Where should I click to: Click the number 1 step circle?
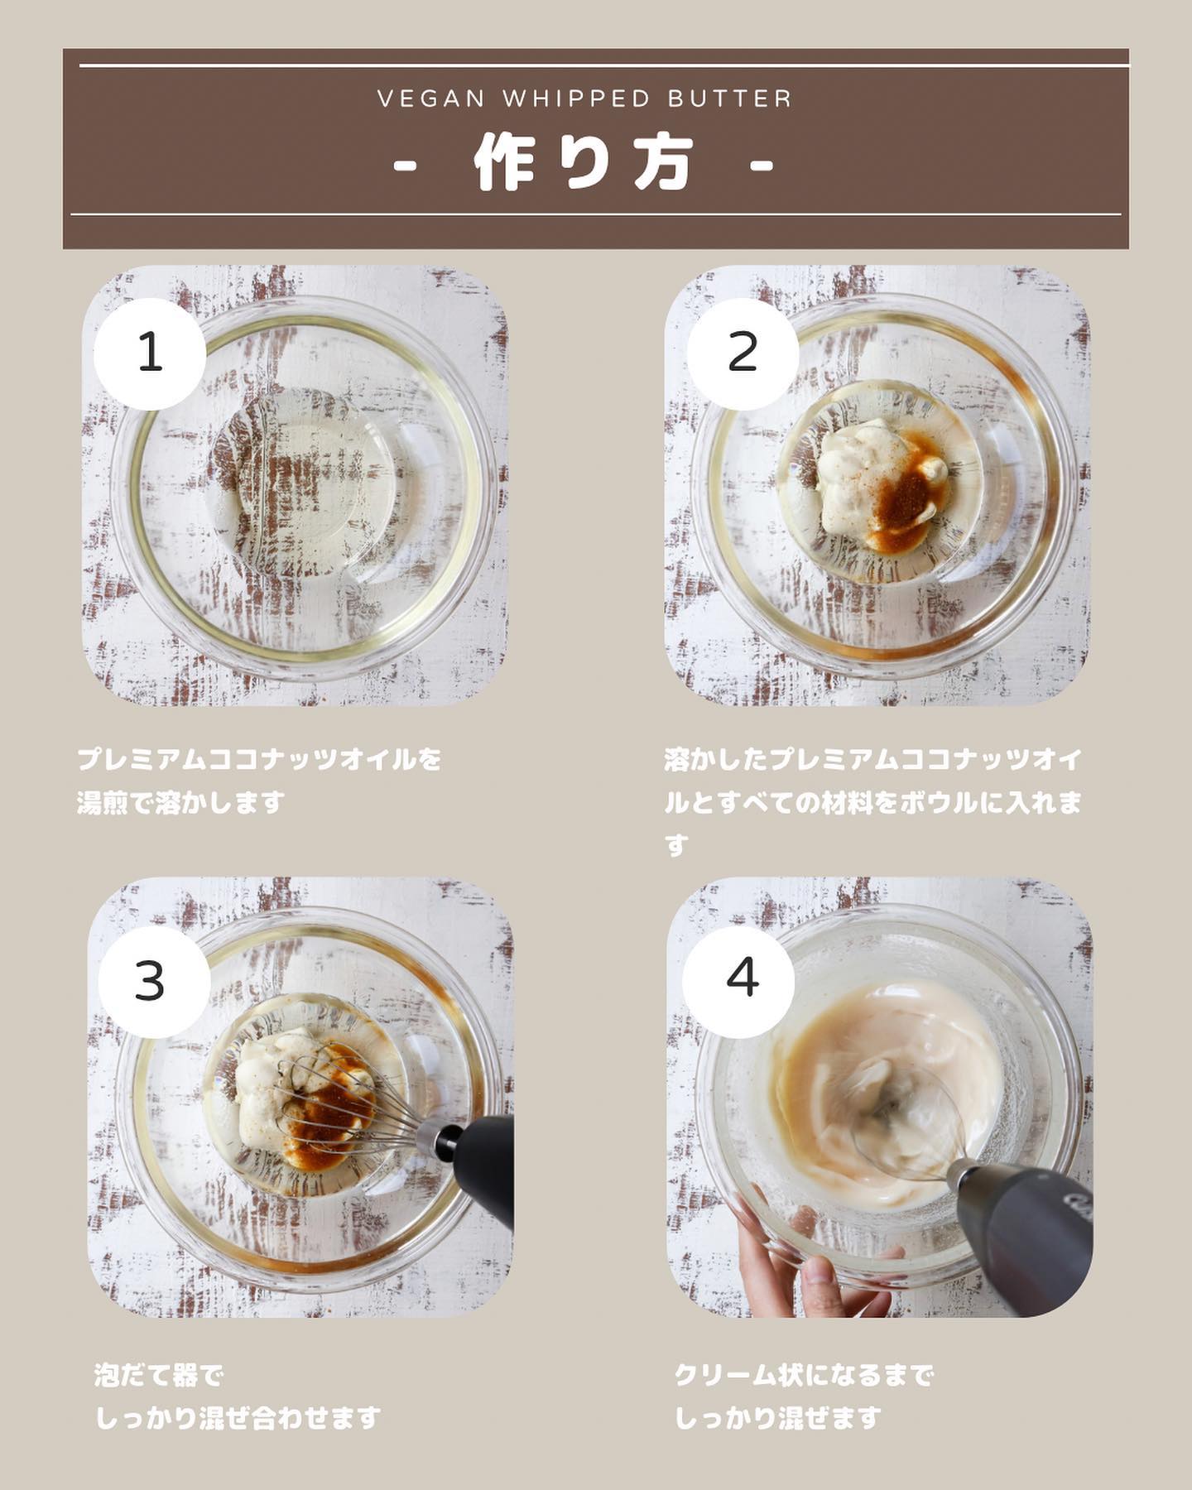[x=150, y=353]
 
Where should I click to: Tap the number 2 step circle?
[x=743, y=353]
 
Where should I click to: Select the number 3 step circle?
[x=155, y=982]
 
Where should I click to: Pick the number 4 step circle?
[x=738, y=982]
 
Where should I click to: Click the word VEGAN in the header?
[x=431, y=99]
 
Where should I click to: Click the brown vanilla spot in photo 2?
[x=905, y=495]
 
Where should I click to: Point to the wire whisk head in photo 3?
[x=331, y=1093]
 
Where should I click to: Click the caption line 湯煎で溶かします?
[x=181, y=802]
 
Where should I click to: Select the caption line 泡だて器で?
[x=159, y=1376]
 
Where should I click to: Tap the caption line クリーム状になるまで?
[x=804, y=1376]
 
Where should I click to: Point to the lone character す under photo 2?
[x=676, y=845]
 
